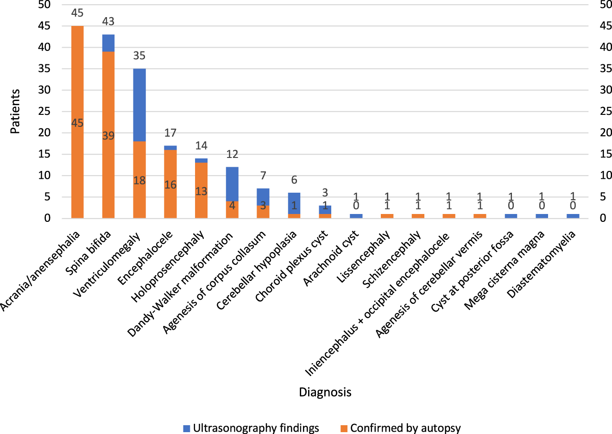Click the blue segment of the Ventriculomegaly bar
[x=139, y=105]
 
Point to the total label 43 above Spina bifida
[x=108, y=21]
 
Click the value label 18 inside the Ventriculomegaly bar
[x=139, y=180]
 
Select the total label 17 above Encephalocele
[x=170, y=133]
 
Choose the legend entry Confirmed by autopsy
[x=405, y=428]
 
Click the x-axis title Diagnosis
[x=325, y=392]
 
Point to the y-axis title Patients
[x=15, y=111]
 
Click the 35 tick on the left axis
[x=45, y=69]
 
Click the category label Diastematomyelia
[x=541, y=264]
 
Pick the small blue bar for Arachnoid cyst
[x=356, y=216]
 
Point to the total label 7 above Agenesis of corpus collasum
[x=263, y=176]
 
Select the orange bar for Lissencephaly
[x=387, y=216]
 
